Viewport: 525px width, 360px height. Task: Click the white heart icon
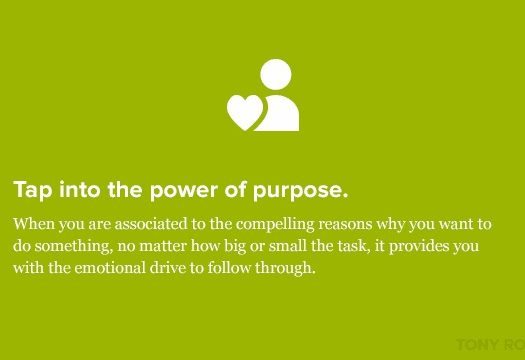pos(244,112)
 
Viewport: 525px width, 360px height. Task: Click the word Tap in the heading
pos(31,190)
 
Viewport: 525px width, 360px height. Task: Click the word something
pos(70,245)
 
